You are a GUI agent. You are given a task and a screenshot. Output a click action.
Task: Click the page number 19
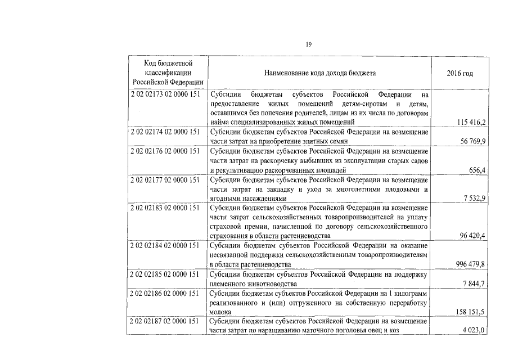[x=309, y=44]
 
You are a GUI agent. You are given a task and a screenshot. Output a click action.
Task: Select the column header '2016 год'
[x=460, y=73]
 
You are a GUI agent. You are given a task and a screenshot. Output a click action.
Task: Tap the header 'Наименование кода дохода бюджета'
[x=319, y=73]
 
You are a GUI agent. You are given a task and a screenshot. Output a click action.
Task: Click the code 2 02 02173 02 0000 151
[x=164, y=94]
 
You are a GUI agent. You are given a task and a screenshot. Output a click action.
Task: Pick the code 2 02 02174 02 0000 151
[x=164, y=132]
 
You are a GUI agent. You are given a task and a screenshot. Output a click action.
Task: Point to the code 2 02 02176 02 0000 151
[x=164, y=151]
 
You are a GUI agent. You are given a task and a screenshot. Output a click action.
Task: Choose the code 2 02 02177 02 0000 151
[x=164, y=179]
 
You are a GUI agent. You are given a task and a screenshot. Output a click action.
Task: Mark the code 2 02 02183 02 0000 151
[x=164, y=208]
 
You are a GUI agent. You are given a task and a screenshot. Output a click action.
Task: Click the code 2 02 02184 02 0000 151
[x=164, y=245]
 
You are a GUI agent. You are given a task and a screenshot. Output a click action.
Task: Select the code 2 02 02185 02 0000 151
[x=164, y=274]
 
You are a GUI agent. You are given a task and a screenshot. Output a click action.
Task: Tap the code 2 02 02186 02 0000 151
[x=164, y=293]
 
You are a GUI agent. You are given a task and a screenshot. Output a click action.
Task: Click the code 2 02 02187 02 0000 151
[x=164, y=321]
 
